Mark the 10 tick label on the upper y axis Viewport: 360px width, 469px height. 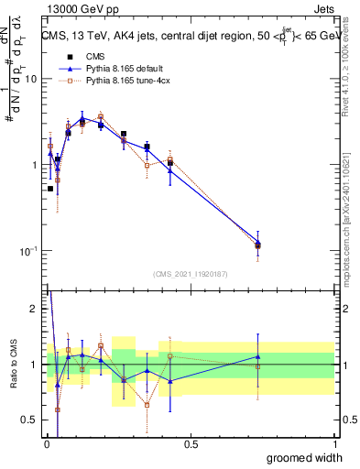[30, 79]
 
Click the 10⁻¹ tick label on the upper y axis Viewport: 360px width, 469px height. [27, 250]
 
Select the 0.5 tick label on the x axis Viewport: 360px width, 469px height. [191, 444]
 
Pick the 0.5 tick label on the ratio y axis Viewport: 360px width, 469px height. [28, 420]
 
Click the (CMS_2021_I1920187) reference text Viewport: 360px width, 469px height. [191, 273]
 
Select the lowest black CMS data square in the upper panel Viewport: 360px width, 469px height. [50, 188]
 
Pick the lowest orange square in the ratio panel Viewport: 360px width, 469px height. [58, 409]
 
